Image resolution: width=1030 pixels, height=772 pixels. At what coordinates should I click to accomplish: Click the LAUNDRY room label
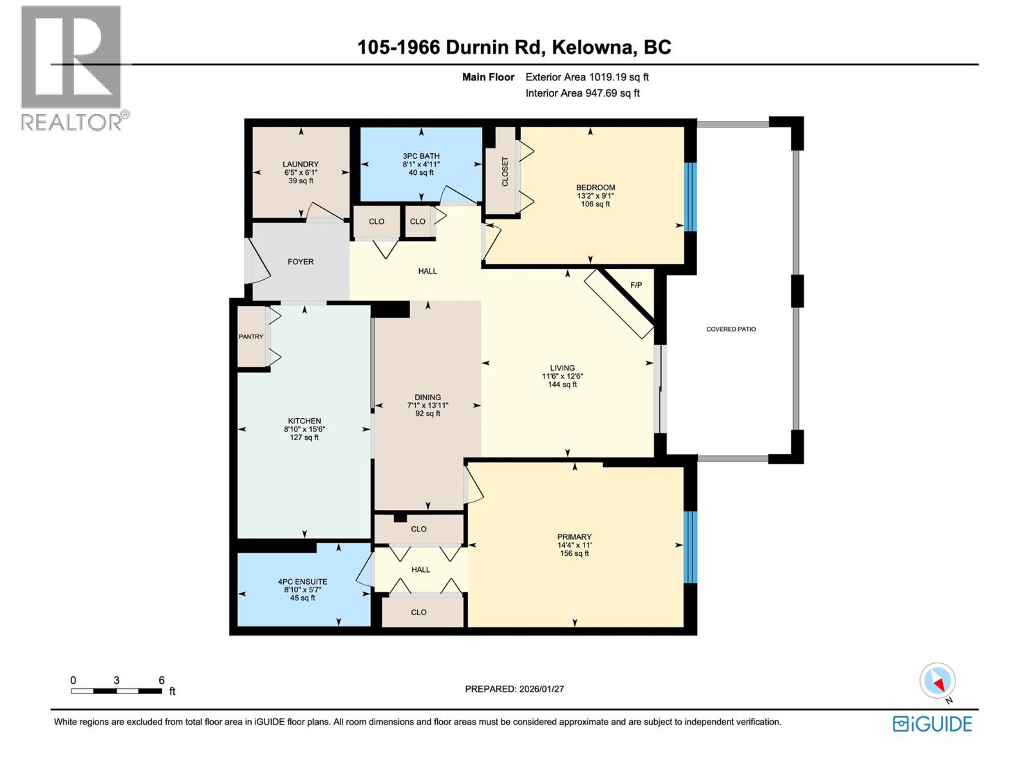click(301, 164)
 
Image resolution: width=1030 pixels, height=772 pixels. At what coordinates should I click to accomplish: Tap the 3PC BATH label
click(421, 156)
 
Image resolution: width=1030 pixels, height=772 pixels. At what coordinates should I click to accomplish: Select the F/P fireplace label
click(636, 284)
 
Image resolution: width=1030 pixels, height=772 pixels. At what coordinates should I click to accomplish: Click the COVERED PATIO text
click(731, 329)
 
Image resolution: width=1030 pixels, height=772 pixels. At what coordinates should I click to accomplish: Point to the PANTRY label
click(251, 336)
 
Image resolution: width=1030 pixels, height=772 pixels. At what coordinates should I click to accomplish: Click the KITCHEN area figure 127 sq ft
click(304, 437)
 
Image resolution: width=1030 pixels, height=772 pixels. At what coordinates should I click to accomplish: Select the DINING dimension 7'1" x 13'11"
click(427, 405)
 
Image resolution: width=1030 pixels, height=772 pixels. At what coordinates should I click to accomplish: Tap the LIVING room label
click(562, 368)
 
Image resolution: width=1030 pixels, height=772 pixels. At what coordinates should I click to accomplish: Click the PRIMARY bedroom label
click(574, 537)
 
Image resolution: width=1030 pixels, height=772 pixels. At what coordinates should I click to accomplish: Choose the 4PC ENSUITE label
click(303, 581)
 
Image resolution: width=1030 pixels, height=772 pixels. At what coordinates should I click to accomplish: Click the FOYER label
click(301, 262)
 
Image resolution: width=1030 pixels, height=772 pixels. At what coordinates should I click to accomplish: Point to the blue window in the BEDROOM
click(690, 196)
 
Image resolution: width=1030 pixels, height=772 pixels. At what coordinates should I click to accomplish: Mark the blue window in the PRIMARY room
click(690, 547)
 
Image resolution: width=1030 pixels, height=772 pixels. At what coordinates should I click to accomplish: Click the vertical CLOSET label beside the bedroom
click(505, 172)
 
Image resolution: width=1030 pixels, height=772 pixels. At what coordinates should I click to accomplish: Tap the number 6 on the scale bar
click(162, 680)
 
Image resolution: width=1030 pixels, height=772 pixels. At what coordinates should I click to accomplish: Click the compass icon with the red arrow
click(938, 681)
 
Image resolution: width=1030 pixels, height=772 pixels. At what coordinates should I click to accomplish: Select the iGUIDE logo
click(932, 724)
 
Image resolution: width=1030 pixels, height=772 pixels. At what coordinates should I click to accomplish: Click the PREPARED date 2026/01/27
click(541, 689)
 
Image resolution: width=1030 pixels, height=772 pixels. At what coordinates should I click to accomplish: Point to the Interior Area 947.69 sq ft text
click(583, 93)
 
